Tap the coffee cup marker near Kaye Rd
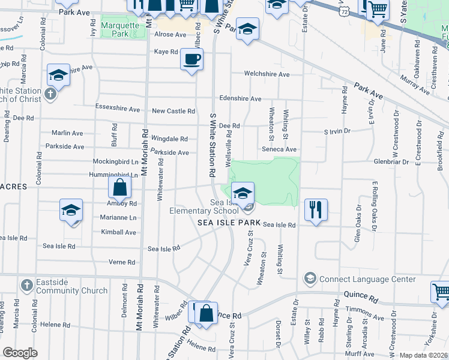[191, 59]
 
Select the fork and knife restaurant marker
[316, 210]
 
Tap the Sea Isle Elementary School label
[204, 206]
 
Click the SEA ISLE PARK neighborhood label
[229, 223]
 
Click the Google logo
[20, 353]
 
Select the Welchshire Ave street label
[267, 74]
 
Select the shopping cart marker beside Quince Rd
[441, 292]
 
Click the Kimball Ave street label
[119, 232]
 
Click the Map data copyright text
[424, 355]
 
